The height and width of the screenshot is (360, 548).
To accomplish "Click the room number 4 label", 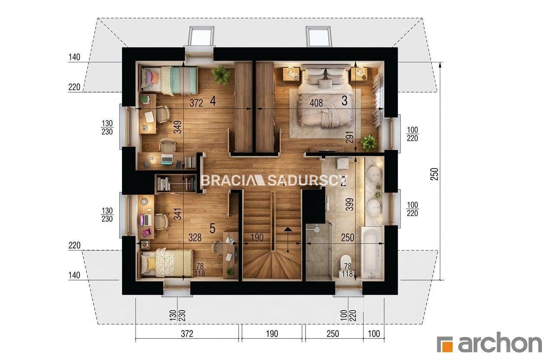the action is pyautogui.click(x=213, y=101).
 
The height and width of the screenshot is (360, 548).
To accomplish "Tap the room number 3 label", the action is pyautogui.click(x=345, y=100).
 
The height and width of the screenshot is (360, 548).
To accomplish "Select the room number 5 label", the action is pyautogui.click(x=213, y=228).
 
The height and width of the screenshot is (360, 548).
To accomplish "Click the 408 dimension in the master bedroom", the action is pyautogui.click(x=316, y=103).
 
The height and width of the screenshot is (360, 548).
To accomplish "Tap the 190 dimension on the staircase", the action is pyautogui.click(x=257, y=237).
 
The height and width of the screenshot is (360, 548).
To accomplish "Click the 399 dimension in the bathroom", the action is pyautogui.click(x=349, y=204).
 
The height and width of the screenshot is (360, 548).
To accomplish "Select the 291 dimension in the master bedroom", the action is pyautogui.click(x=350, y=137).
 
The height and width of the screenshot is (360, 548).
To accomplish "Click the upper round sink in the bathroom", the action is pyautogui.click(x=374, y=175).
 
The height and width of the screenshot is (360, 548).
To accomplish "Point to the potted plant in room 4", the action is pyautogui.click(x=221, y=75).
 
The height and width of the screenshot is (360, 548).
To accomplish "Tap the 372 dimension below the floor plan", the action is pyautogui.click(x=187, y=334).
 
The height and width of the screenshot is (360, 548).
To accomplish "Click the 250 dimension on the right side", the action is pyautogui.click(x=435, y=174).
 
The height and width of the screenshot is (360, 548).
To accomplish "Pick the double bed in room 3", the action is pyautogui.click(x=325, y=96).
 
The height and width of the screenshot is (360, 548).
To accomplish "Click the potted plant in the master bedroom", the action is pyautogui.click(x=368, y=143).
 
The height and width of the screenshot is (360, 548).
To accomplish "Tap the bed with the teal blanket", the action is pyautogui.click(x=168, y=80).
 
